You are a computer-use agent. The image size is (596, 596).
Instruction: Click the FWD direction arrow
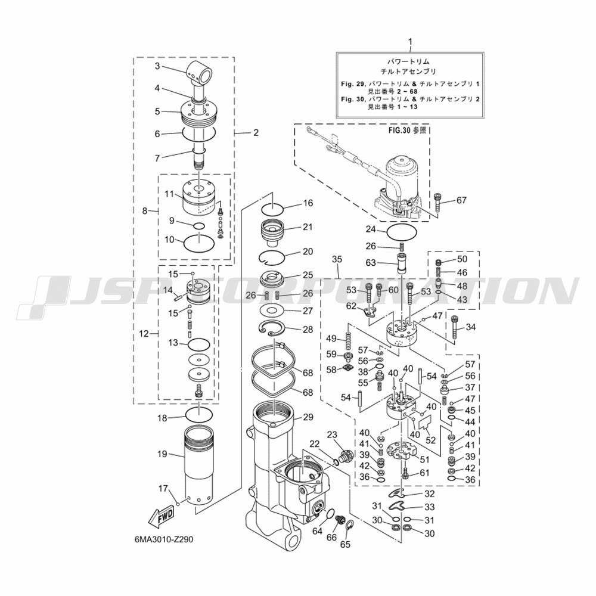click(161, 518)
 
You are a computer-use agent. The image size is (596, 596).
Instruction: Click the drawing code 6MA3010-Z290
click(163, 540)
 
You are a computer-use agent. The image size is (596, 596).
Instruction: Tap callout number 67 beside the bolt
click(461, 200)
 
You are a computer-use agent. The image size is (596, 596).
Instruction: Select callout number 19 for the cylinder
click(162, 454)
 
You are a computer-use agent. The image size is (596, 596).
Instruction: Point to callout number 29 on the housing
click(308, 417)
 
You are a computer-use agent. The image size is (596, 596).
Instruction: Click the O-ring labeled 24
click(402, 231)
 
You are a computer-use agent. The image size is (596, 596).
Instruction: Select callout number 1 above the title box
click(410, 42)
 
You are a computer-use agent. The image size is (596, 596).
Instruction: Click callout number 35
click(337, 259)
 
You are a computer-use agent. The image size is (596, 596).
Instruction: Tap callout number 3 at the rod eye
click(157, 66)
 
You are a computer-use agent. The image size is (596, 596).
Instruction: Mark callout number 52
click(431, 440)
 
